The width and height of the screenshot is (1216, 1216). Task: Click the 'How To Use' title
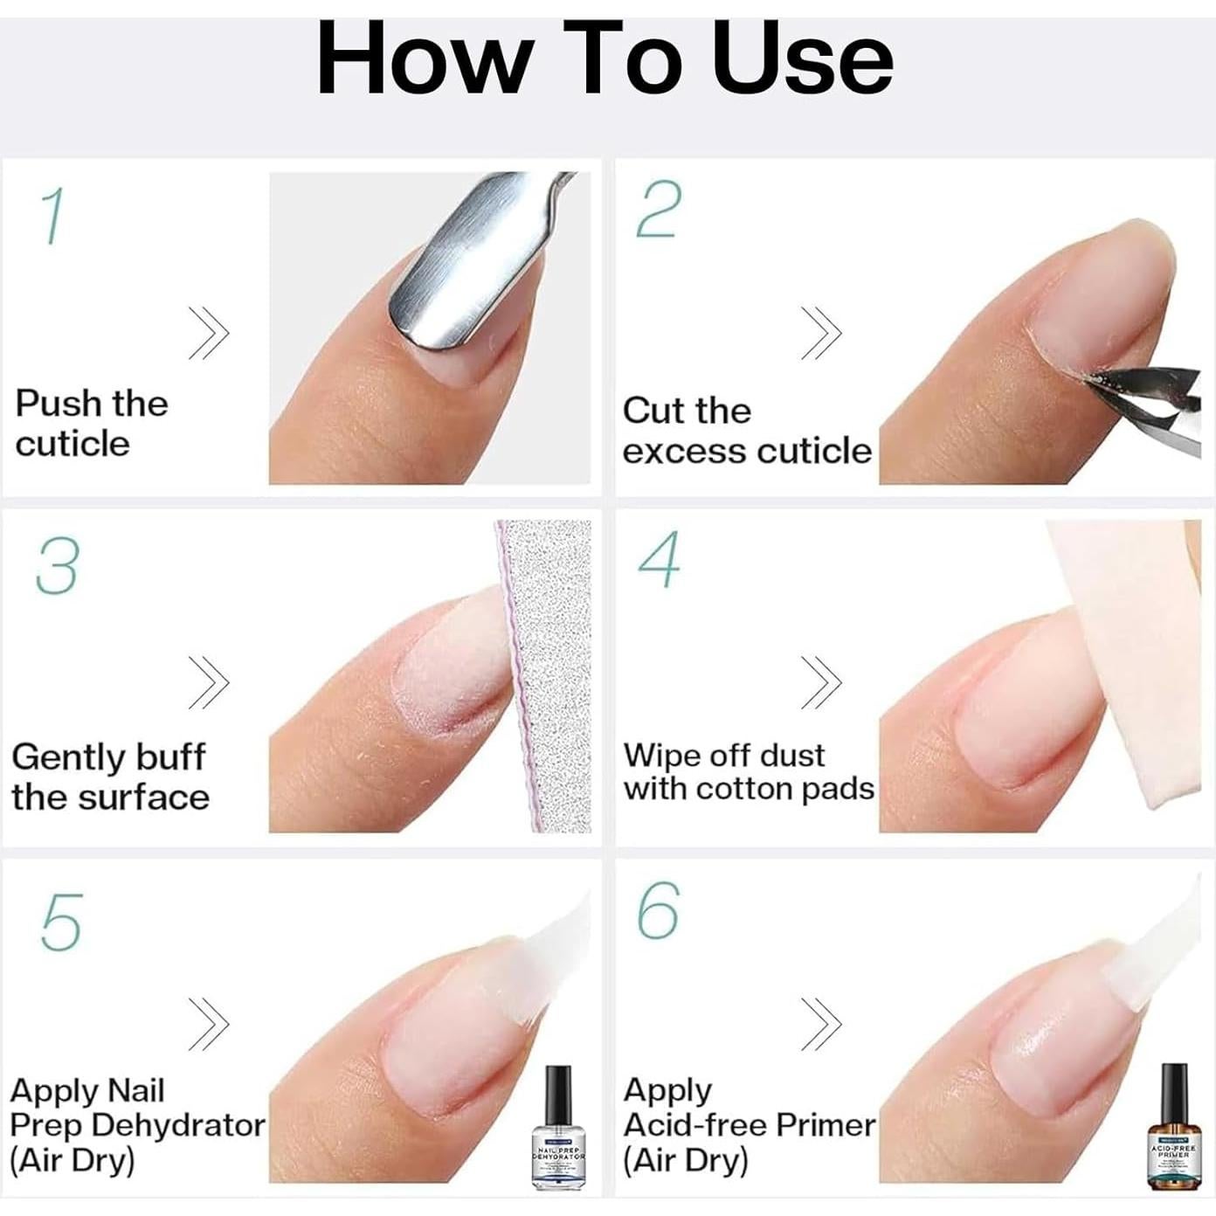tap(605, 59)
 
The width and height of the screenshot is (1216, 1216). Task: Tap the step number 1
tap(52, 216)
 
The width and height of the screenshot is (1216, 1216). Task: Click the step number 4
tap(659, 559)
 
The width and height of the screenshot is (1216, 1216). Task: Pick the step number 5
tap(61, 922)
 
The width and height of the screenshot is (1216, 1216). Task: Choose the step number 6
tap(658, 910)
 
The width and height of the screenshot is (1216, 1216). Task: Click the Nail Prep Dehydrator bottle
tap(558, 1127)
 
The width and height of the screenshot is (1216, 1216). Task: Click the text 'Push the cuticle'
tap(91, 424)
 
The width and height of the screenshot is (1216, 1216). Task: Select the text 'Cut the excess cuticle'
tap(746, 431)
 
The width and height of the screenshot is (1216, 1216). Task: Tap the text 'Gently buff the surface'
tap(110, 777)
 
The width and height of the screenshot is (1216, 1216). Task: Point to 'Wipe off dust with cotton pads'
tap(748, 771)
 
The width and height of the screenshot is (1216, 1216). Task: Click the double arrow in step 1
tap(209, 333)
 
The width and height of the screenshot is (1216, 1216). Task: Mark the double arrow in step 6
tap(821, 1023)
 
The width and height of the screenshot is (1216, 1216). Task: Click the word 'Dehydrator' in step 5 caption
tap(177, 1125)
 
